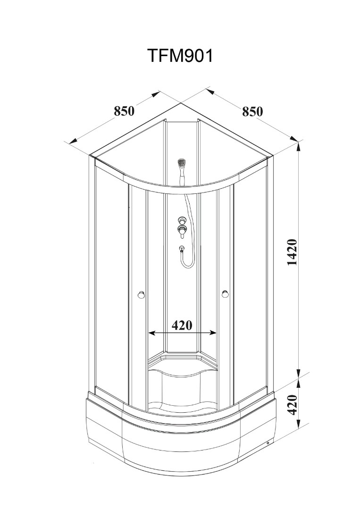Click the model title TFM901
click(181, 56)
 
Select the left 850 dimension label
click(124, 111)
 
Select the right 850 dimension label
click(252, 111)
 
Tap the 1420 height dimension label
click(293, 252)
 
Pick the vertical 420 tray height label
click(293, 404)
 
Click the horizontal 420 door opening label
click(182, 325)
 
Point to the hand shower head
click(182, 162)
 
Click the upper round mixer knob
click(182, 220)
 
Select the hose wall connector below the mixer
click(182, 249)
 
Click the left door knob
click(141, 295)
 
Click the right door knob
click(225, 294)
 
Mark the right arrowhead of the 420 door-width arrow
click(213, 333)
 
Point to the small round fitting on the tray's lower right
click(268, 443)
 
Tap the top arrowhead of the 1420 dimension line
click(298, 146)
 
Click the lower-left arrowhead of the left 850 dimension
click(72, 141)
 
